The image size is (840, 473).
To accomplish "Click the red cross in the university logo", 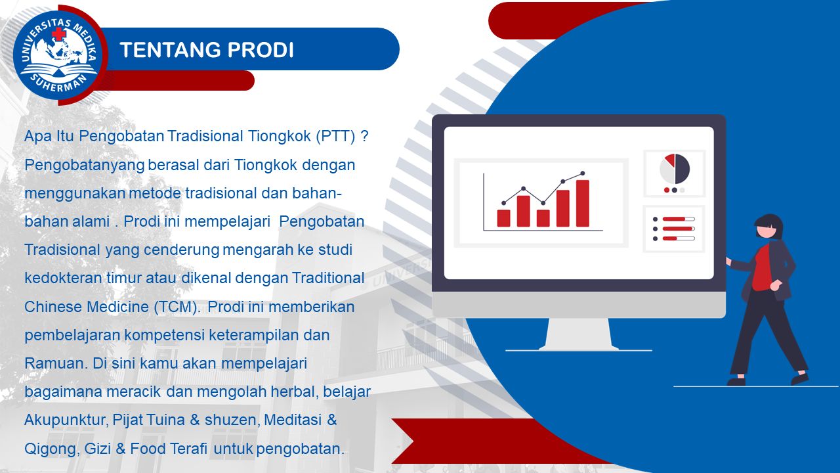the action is click(x=59, y=34).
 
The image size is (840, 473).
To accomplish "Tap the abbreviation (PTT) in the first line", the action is click(x=335, y=136).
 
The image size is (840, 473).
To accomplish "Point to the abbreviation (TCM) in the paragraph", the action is click(x=177, y=307).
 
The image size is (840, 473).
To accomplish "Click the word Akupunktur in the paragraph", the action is click(x=67, y=420).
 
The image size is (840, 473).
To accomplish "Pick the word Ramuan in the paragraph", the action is click(x=56, y=363).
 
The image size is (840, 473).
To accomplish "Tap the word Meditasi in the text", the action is click(x=293, y=420).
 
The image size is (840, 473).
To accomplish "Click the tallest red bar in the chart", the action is click(x=582, y=204).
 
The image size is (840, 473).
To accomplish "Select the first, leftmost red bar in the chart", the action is click(x=503, y=218).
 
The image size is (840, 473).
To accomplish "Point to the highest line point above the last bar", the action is click(x=582, y=173).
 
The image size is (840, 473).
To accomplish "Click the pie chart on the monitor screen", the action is click(x=675, y=169).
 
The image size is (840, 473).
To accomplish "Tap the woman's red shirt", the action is click(x=763, y=268).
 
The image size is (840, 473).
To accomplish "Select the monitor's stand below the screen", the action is click(x=579, y=334).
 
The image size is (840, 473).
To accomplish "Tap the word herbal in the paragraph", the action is click(x=295, y=392).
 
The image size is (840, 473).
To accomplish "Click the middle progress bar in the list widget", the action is click(x=679, y=229).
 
